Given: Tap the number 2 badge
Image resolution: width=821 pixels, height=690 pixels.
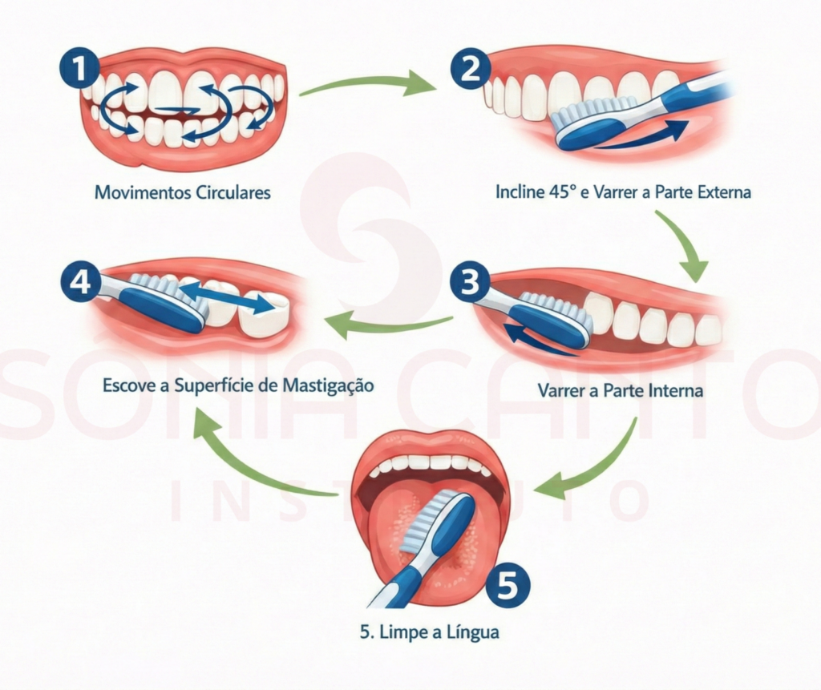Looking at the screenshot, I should (x=470, y=67).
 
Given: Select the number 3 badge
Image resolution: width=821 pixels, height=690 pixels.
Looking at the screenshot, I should (x=470, y=283).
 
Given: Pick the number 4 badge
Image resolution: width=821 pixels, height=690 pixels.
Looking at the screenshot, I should (x=79, y=283).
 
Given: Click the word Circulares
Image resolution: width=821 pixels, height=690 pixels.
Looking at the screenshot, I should (x=233, y=193).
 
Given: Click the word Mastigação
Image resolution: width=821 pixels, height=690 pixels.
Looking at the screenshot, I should (x=329, y=385).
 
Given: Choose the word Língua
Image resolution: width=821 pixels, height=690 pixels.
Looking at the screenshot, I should (x=471, y=632).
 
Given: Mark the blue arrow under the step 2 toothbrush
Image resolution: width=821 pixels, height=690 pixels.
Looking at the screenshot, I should (x=641, y=136).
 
